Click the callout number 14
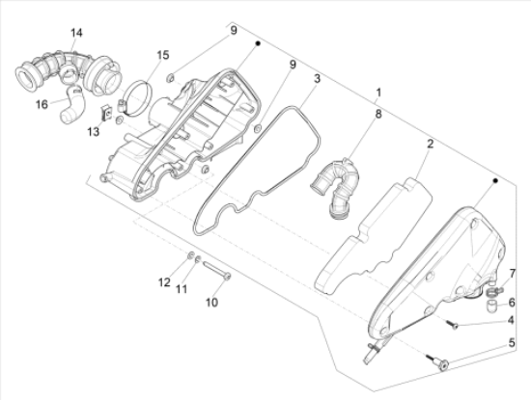coord(76,33)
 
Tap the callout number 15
coord(163,55)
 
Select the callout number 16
coord(42,104)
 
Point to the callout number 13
coord(93,131)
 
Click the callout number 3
coord(317,78)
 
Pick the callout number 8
coord(377,114)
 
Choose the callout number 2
coord(430,144)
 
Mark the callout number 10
coord(212,303)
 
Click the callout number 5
coord(512,342)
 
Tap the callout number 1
coord(378,92)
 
